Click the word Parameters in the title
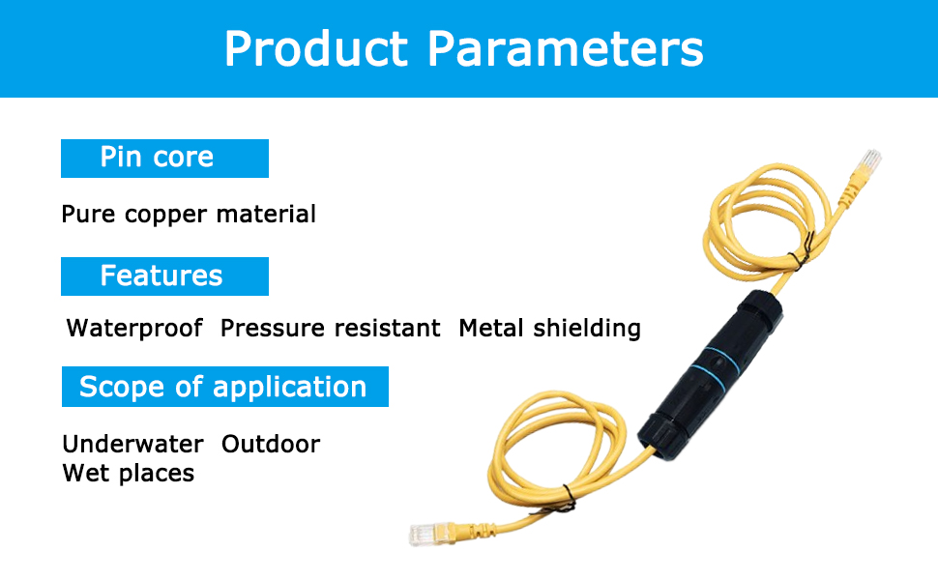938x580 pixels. pos(567,48)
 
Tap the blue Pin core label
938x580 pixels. pos(164,158)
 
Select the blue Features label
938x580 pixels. pos(164,276)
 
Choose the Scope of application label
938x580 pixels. pos(224,387)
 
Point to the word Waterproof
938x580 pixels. pos(134,329)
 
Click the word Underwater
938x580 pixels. pos(133,445)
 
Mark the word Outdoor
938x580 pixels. pos(271,445)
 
